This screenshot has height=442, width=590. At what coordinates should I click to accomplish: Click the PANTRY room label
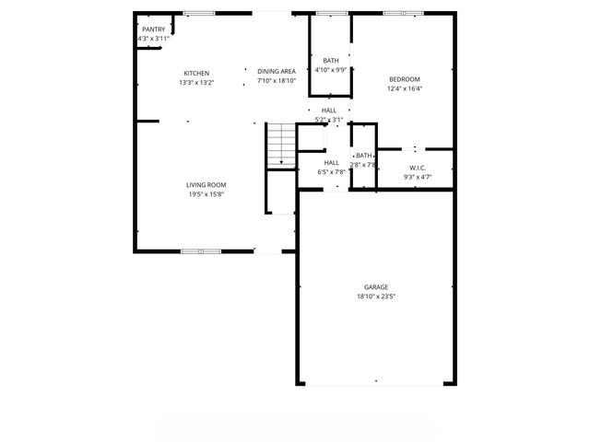(153, 29)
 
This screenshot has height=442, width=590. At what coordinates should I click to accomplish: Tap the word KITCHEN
(196, 74)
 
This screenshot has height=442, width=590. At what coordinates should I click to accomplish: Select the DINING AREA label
(276, 72)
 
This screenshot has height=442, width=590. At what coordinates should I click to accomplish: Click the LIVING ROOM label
(207, 185)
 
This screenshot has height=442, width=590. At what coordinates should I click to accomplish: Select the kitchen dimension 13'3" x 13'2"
(196, 83)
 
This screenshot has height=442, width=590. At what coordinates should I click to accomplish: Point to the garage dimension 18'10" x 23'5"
(376, 297)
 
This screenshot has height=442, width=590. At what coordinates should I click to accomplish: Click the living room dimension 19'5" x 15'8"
(207, 193)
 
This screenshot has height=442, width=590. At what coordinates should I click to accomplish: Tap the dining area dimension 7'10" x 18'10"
(276, 81)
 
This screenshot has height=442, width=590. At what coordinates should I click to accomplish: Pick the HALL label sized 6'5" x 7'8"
(332, 162)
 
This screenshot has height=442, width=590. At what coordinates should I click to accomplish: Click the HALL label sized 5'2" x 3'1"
(329, 110)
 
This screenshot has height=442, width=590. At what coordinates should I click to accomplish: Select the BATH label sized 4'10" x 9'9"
(330, 61)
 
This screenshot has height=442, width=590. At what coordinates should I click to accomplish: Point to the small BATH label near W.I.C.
(364, 156)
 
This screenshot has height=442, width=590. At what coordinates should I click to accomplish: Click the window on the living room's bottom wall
(200, 250)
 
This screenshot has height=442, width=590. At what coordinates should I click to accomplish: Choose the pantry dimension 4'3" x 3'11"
(153, 39)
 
